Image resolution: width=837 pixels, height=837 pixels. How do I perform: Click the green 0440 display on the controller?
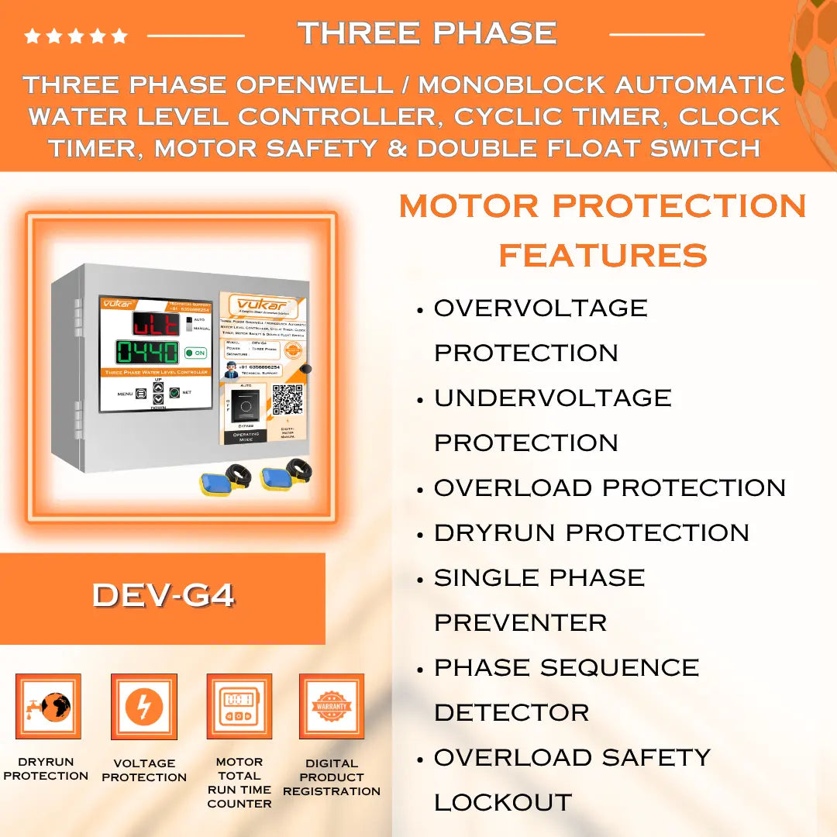pos(146,353)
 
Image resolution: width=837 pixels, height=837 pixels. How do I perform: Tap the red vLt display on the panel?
pos(155,322)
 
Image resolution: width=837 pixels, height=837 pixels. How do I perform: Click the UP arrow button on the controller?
pos(158,387)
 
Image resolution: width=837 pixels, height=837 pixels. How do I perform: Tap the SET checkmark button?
pos(174,393)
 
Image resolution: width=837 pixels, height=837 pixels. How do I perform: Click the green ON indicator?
pos(195,353)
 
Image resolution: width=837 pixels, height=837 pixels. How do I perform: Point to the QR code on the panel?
pos(287,398)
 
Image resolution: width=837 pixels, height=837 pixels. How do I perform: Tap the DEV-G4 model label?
pos(163,595)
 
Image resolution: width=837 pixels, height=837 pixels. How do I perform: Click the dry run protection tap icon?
pos(48,707)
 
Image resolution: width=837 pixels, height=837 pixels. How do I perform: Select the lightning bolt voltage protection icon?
pos(144,707)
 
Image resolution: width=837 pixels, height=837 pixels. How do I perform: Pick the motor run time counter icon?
pos(239,707)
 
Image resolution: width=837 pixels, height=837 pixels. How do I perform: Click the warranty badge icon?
pos(332,707)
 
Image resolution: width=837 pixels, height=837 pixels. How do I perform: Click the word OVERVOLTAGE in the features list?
pos(540,308)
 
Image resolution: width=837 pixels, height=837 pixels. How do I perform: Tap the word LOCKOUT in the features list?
pos(502,802)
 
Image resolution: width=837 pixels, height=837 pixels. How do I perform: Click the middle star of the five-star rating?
pos(76,36)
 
